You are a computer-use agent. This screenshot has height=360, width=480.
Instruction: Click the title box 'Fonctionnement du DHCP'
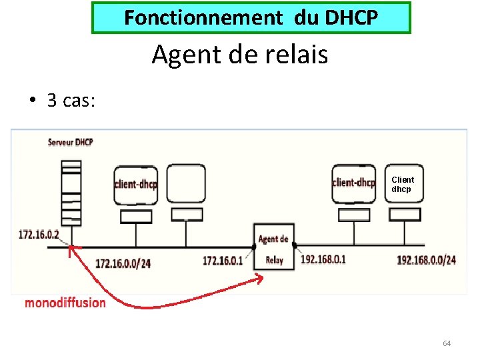coord(251,18)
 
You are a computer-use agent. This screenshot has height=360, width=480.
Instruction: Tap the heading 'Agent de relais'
coord(240,54)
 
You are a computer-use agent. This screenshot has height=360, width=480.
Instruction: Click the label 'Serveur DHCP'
coord(70,143)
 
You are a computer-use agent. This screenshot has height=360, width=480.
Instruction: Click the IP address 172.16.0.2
coord(39,235)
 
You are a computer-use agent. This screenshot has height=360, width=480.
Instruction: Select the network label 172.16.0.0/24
coord(123,263)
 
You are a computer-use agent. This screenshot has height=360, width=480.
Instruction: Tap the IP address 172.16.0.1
coord(223,260)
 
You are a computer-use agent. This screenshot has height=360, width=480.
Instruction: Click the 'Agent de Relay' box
coord(273,247)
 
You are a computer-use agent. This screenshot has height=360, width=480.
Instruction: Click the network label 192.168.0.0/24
coord(426,260)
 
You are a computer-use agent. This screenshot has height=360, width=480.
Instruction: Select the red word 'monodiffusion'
coord(65,303)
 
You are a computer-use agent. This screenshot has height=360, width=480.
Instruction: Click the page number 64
coord(447,343)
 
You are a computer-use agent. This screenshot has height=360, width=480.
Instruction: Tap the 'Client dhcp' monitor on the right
coord(403,184)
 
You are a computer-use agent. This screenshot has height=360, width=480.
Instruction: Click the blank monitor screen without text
coord(186,183)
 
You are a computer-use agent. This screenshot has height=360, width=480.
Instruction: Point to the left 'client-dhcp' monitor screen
coord(136,183)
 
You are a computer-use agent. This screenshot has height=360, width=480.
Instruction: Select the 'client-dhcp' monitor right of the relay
coord(353,183)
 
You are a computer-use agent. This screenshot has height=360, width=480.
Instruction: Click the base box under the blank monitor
coord(187,215)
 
